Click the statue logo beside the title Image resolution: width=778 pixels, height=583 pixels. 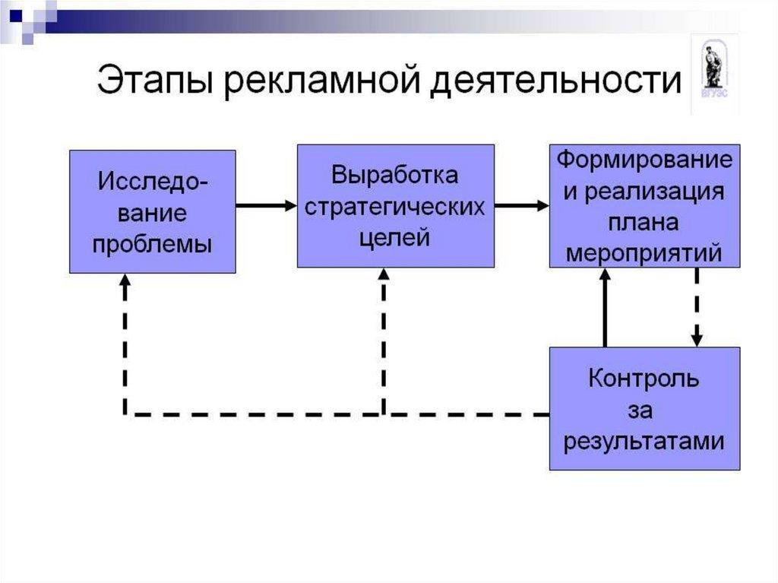[x=713, y=72]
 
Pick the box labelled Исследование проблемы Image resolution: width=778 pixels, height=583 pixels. [x=152, y=211]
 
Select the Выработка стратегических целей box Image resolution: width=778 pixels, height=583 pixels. [x=395, y=205]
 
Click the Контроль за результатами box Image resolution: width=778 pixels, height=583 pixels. [x=644, y=408]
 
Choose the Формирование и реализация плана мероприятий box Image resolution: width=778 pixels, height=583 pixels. [x=644, y=205]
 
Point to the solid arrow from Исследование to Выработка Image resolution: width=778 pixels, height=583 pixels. [x=266, y=205]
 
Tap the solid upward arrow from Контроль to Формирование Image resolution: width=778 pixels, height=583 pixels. [x=606, y=308]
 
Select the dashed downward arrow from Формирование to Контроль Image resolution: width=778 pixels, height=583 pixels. [x=697, y=308]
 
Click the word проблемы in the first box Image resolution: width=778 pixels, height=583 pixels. [x=152, y=245]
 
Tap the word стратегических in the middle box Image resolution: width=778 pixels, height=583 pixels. [x=395, y=207]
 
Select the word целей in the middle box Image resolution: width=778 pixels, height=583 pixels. [x=395, y=237]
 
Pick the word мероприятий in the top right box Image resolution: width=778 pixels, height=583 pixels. [x=644, y=252]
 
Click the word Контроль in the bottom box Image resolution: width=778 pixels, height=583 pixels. [x=644, y=378]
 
